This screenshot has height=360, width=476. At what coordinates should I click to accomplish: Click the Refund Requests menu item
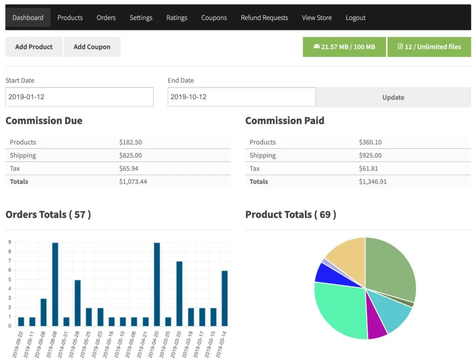tap(264, 18)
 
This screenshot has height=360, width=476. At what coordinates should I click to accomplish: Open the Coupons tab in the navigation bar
tap(214, 18)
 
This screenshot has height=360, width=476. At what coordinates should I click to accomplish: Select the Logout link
tap(356, 18)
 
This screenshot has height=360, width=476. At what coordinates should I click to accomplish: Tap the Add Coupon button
tap(92, 47)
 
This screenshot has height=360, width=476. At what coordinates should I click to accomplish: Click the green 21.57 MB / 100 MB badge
tap(344, 47)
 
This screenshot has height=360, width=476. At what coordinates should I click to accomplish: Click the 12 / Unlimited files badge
tap(429, 47)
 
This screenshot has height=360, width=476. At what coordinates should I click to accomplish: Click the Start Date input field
tap(79, 97)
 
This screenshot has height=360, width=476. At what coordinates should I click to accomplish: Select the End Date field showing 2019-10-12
tap(241, 97)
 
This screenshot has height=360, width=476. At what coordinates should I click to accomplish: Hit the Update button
tap(393, 97)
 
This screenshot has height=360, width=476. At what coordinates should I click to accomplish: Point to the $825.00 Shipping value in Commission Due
tap(131, 155)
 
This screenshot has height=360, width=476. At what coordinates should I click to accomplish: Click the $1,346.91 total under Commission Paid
tap(373, 181)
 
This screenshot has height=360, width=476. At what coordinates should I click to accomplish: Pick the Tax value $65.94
tap(129, 168)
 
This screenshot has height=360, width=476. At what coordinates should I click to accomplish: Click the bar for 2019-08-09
tap(55, 284)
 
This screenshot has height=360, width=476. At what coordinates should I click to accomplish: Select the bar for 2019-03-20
tap(179, 293)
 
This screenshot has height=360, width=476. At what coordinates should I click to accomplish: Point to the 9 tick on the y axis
tap(9, 242)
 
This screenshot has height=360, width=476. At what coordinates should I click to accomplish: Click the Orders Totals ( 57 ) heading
tap(48, 214)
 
